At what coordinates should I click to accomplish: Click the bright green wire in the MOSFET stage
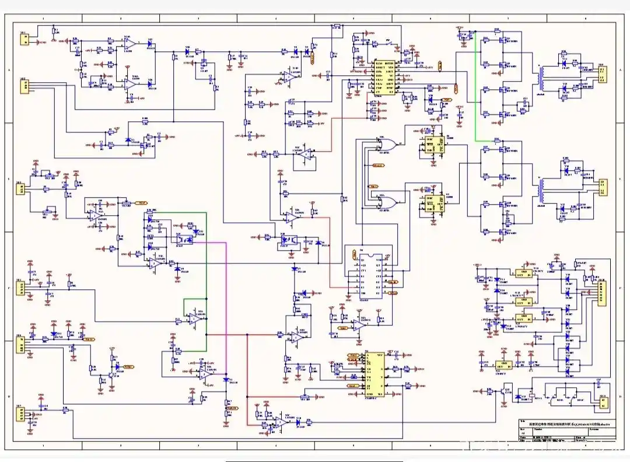(x=475, y=87)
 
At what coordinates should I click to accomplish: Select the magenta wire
(x=226, y=292)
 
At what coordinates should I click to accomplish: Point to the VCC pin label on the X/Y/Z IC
(x=380, y=355)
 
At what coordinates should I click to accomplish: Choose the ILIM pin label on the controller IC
(x=379, y=63)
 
